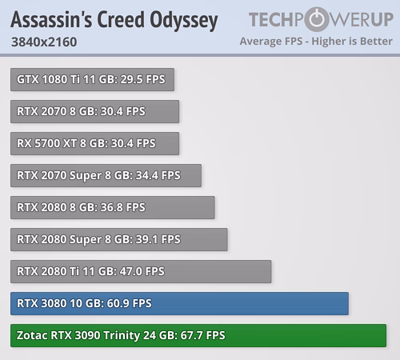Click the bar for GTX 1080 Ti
pos(92,79)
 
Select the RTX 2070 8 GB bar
pos(94,111)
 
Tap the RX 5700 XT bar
pos(94,143)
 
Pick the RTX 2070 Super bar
pos(106,175)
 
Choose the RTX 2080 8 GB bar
pos(113,207)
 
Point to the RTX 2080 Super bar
pos(119,239)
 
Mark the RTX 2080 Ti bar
pos(141,271)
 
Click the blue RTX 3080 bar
pos(179,303)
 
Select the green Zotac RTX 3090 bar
pos(198,335)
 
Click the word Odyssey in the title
pos(184,21)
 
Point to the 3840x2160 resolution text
pos(44,42)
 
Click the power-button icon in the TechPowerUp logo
pos(317,19)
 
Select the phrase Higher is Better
pos(352,42)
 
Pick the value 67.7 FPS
pos(202,335)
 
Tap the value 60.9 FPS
pos(129,303)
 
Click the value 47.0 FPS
pos(142,271)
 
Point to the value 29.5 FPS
pos(142,79)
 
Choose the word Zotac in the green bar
pos(32,335)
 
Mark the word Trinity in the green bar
pos(122,336)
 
